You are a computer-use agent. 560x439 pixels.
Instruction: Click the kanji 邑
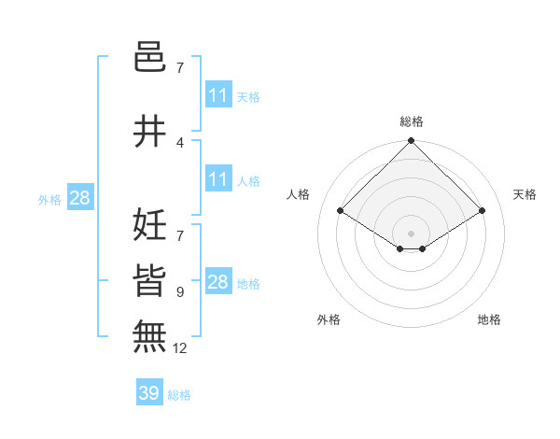(x=150, y=59)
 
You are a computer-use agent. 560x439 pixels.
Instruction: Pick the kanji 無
(x=150, y=335)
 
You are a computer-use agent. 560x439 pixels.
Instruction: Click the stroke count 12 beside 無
(x=180, y=348)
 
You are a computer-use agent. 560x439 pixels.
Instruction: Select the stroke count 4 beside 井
(x=179, y=142)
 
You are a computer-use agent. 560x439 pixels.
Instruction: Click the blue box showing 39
(x=148, y=393)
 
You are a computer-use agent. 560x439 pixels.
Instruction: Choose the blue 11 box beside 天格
(x=218, y=95)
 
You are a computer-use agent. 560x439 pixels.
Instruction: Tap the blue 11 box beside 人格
(x=218, y=179)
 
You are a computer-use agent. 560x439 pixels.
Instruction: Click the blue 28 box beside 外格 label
(x=79, y=197)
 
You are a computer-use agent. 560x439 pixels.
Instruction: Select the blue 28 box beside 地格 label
(x=218, y=282)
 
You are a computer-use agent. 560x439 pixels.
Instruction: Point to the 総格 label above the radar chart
(x=412, y=121)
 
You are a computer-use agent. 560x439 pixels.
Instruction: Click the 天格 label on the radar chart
(x=525, y=194)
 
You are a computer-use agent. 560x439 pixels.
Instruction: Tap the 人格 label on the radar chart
(x=299, y=194)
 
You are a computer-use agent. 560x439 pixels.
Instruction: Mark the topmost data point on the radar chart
(x=412, y=141)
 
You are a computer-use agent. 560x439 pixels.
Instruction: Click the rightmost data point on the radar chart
(x=483, y=211)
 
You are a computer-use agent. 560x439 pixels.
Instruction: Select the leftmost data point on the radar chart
(x=341, y=211)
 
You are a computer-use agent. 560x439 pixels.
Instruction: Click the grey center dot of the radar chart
(x=412, y=233)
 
